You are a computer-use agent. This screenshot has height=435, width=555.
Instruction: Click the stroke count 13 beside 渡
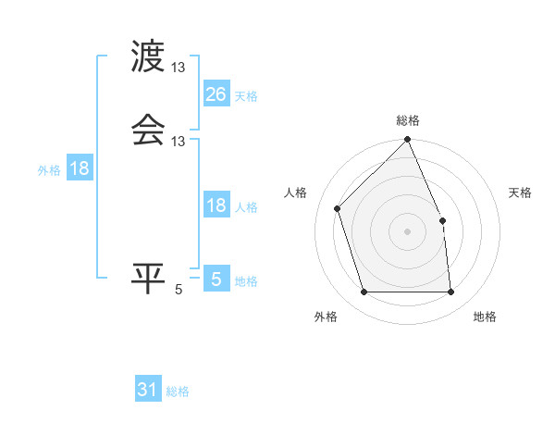click(179, 68)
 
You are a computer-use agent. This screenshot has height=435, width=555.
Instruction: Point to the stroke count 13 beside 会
click(179, 141)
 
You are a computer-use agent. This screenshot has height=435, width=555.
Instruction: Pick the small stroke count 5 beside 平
click(179, 290)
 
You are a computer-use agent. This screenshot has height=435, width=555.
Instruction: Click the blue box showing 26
click(216, 93)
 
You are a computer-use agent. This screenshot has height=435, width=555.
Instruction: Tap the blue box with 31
click(148, 390)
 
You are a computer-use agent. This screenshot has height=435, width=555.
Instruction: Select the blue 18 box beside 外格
click(80, 168)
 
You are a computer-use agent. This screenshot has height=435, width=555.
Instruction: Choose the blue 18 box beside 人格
click(216, 205)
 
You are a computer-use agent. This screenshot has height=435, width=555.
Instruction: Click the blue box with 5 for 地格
click(216, 279)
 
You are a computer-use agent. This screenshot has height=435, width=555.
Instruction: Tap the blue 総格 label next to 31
click(178, 391)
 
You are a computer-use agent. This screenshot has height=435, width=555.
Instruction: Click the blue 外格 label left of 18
click(49, 170)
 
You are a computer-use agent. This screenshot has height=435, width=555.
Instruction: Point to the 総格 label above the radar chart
click(408, 120)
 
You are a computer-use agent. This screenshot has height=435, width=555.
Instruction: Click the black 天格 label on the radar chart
click(520, 193)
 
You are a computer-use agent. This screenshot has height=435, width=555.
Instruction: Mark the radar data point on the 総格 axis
click(408, 141)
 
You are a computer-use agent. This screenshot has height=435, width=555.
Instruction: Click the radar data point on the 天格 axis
click(442, 220)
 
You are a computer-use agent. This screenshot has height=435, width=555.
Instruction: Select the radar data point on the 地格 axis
click(451, 292)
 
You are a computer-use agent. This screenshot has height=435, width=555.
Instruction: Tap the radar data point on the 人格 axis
click(339, 208)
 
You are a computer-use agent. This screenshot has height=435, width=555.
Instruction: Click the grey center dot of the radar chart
click(408, 231)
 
